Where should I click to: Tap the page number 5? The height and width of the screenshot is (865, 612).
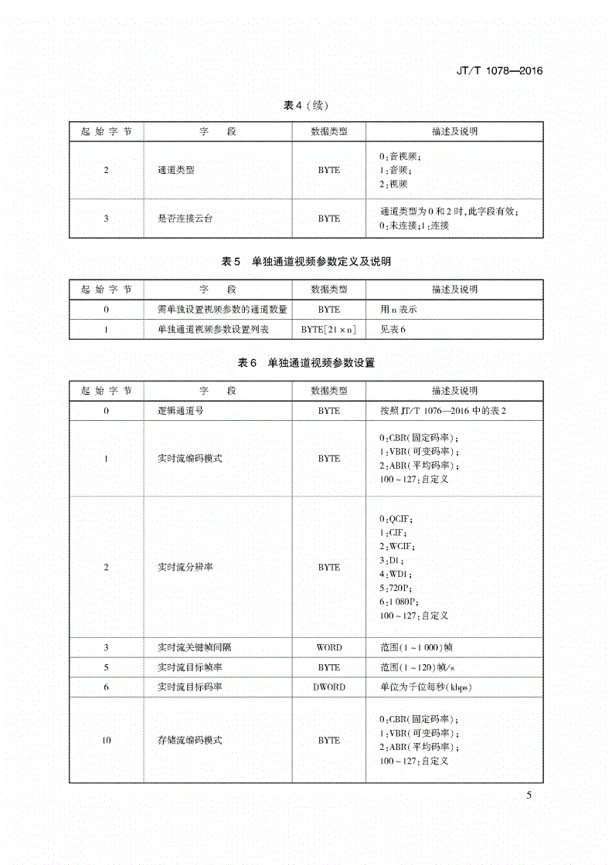click(529, 795)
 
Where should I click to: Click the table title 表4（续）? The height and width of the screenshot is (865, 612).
click(306, 105)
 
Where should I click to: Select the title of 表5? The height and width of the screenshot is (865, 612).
click(306, 262)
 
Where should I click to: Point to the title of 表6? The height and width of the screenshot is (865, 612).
click(306, 362)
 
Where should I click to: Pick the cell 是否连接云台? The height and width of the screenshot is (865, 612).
click(185, 219)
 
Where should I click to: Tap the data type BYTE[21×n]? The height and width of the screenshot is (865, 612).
click(328, 329)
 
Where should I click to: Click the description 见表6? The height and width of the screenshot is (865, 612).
click(393, 329)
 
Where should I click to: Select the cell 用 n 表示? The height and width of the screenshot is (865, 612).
click(399, 309)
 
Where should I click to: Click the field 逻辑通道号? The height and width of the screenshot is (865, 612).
click(180, 411)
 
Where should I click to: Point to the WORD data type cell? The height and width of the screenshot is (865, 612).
click(328, 647)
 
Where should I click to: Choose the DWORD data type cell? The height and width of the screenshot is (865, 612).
click(328, 687)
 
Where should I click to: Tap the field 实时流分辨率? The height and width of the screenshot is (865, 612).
click(185, 567)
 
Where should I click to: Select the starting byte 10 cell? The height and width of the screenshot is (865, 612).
click(107, 740)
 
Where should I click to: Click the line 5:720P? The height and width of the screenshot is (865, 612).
click(395, 587)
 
